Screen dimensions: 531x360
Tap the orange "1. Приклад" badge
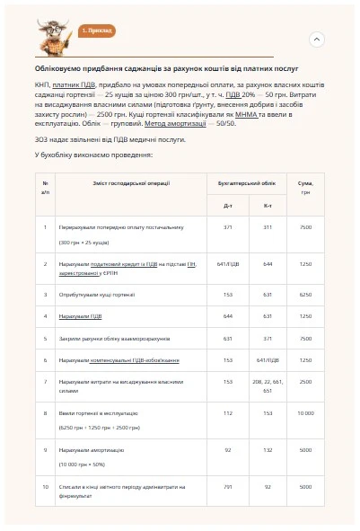[x=96, y=31]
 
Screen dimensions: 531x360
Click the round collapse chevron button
[x=316, y=40]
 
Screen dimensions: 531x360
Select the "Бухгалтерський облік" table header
[x=248, y=182]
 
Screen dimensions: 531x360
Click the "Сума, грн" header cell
[x=305, y=187]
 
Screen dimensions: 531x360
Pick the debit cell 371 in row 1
[x=227, y=227]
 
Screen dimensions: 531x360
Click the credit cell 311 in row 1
[x=268, y=227]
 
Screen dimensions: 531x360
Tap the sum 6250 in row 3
[x=305, y=294]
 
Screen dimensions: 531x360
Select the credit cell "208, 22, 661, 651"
[x=268, y=385]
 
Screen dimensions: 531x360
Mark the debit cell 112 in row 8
[x=227, y=412]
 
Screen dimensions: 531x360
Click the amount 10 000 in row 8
[x=305, y=412]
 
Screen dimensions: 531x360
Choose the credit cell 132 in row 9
[x=268, y=449]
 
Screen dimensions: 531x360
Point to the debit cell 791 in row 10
[x=227, y=486]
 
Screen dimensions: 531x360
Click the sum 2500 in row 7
[x=305, y=381]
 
